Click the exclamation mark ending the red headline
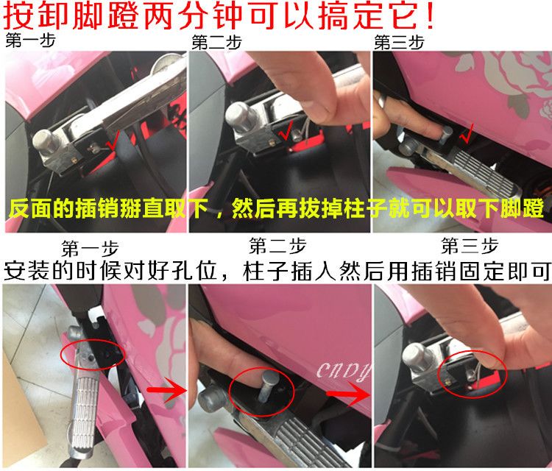click(430, 16)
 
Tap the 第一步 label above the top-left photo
click(31, 40)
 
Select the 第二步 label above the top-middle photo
click(216, 43)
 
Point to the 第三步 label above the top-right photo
click(399, 43)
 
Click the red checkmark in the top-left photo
click(113, 140)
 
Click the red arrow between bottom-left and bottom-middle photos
click(166, 389)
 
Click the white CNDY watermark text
click(344, 372)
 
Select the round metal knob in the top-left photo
click(46, 141)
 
